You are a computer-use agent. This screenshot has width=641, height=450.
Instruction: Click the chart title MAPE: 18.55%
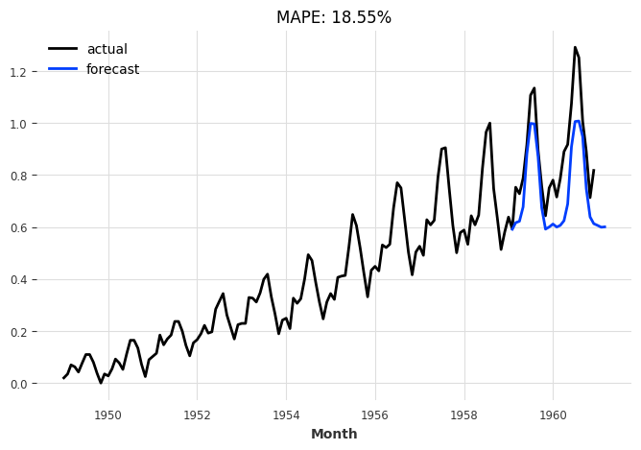coord(334,17)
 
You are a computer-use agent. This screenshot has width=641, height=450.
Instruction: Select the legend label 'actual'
coord(107,49)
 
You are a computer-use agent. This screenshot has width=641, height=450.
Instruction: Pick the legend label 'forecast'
coord(112,69)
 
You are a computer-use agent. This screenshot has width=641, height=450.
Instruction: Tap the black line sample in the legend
coord(63,49)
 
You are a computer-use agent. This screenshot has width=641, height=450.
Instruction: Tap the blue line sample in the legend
coord(63,69)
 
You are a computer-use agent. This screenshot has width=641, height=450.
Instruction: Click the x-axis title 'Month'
coord(334,434)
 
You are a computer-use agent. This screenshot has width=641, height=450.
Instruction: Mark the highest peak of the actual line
coord(575,47)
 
